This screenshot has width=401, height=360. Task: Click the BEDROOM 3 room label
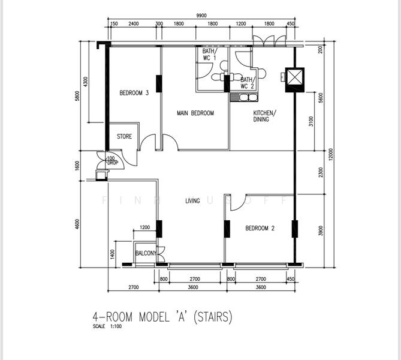tap(134, 93)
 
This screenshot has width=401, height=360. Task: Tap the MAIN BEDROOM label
tap(195, 113)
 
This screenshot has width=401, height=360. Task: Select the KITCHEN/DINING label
tap(264, 116)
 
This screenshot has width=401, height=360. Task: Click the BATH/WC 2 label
tap(248, 83)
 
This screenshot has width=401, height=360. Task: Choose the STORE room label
tap(124, 137)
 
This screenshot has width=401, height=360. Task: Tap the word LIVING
tap(192, 201)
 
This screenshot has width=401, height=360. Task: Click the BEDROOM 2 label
tap(260, 229)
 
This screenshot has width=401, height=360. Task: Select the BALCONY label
tap(146, 254)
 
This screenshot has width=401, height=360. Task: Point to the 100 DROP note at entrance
tap(111, 161)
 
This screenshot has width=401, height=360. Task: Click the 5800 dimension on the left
tap(77, 96)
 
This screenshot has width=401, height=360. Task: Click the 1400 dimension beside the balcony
tap(112, 254)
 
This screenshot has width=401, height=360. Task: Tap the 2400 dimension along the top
tap(134, 24)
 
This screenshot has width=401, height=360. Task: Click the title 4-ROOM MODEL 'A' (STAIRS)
tap(162, 316)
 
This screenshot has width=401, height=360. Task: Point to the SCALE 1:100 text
tap(107, 327)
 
